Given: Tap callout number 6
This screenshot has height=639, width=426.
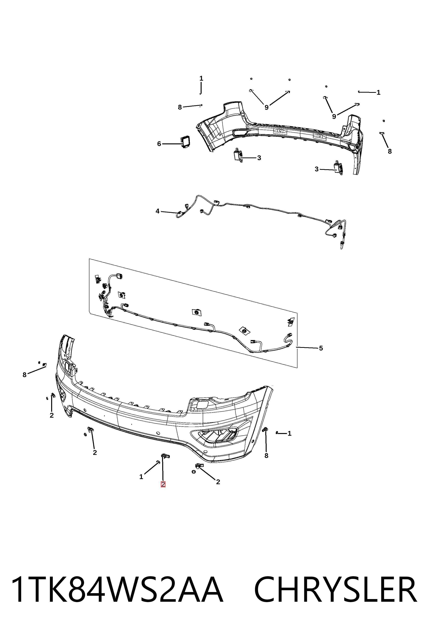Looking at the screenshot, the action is click(159, 144).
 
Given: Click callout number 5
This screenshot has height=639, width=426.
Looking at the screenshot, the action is click(321, 348).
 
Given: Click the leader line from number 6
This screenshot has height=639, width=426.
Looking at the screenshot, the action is click(172, 144).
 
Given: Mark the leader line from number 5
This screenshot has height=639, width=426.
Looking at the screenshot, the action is click(307, 347).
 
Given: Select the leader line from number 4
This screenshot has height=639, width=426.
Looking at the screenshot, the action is click(169, 212).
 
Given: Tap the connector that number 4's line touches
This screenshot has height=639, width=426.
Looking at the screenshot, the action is click(179, 213).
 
